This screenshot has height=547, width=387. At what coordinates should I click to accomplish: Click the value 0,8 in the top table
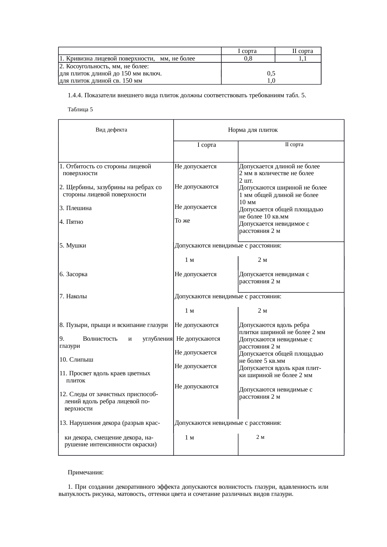pyautogui.click(x=248, y=58)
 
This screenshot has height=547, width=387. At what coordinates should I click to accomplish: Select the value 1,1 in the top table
pyautogui.click(x=302, y=58)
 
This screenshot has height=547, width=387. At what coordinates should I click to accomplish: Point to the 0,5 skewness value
pyautogui.click(x=271, y=74)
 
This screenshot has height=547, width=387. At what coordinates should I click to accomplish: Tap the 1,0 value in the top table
pyautogui.click(x=271, y=81)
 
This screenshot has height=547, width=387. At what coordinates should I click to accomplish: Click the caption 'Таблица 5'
pyautogui.click(x=80, y=110)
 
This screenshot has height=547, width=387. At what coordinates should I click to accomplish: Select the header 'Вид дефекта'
pyautogui.click(x=111, y=130)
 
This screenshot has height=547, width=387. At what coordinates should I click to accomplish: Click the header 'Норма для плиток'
pyautogui.click(x=253, y=130)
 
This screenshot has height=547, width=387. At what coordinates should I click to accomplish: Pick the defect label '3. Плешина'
pyautogui.click(x=76, y=208)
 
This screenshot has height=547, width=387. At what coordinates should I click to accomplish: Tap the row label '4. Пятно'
pyautogui.click(x=71, y=222)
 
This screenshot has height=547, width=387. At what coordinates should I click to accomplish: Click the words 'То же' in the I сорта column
pyautogui.click(x=182, y=221)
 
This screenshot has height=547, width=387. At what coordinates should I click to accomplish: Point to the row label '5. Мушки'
pyautogui.click(x=73, y=246)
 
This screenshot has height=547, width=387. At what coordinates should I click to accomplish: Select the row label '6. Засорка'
pyautogui.click(x=73, y=274)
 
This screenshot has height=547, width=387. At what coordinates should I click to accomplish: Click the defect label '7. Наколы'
pyautogui.click(x=73, y=296)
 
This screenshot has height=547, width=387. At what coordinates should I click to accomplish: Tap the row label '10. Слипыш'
pyautogui.click(x=76, y=360)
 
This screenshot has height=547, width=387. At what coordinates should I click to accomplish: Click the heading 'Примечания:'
pyautogui.click(x=86, y=473)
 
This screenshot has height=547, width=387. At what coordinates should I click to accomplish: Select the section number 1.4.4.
pyautogui.click(x=75, y=95)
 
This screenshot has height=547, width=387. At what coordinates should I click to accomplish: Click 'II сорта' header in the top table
pyautogui.click(x=302, y=51)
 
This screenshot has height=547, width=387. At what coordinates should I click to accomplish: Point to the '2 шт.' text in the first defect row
pyautogui.click(x=246, y=181)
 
